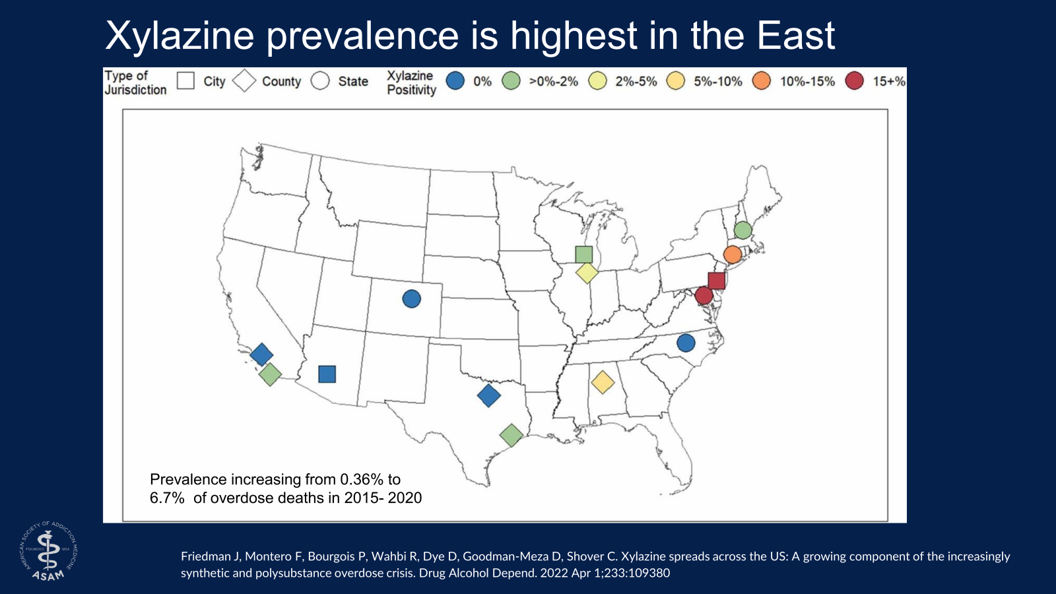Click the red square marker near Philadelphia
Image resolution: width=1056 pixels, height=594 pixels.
716,280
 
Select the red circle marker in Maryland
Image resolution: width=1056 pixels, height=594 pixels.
704,295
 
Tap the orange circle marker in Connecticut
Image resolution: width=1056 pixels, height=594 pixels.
732,254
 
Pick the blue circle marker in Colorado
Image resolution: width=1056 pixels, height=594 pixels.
411,299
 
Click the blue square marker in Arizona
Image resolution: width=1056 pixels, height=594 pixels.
327,374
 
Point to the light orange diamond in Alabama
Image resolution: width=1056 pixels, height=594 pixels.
603,381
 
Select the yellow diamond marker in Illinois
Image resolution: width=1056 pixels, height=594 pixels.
587,272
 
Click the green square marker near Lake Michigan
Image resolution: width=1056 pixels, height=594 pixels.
583,254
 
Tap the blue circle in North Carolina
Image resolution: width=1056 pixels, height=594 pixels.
686,343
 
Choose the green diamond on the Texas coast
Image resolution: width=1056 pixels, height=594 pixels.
511,435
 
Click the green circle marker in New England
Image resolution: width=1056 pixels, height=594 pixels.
742,230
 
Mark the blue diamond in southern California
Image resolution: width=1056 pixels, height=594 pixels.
261,354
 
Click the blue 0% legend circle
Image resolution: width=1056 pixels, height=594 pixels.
455,81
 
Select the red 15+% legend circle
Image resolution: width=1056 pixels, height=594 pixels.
855,81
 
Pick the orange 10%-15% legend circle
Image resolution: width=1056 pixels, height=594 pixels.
762,81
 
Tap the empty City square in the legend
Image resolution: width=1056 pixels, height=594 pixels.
186,81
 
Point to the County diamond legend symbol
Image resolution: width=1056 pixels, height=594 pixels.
244,81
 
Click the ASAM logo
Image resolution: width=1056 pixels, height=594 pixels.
48,550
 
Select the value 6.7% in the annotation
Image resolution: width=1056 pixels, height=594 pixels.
167,498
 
